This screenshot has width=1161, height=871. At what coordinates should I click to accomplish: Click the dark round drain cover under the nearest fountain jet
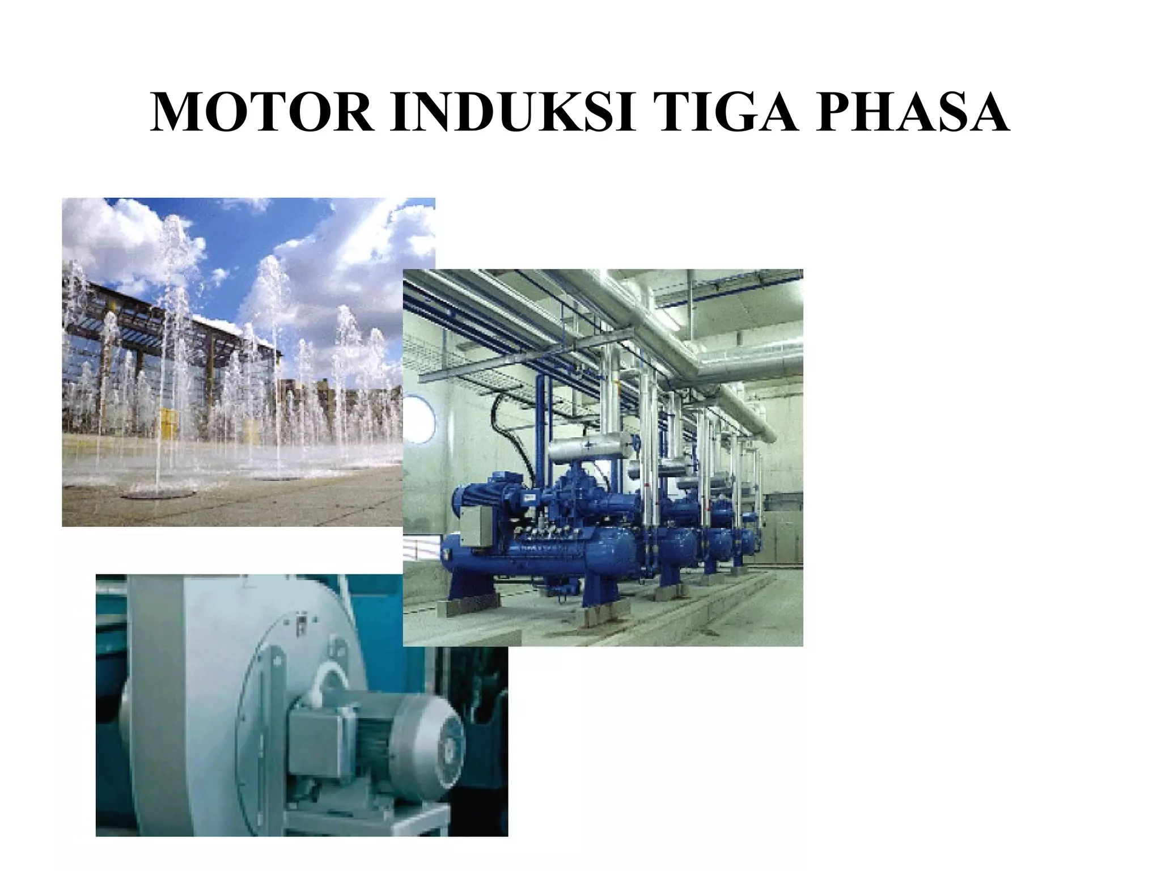tap(153, 493)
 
